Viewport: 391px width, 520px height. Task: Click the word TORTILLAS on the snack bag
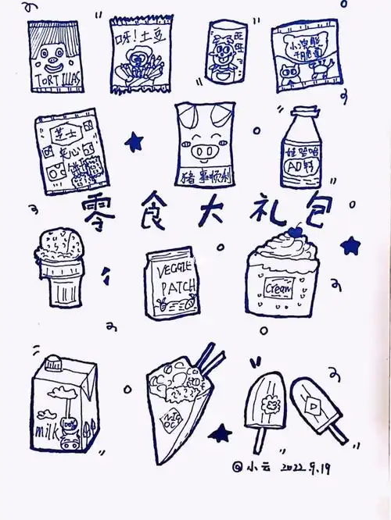click(x=54, y=82)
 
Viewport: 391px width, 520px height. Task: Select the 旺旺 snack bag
click(x=226, y=52)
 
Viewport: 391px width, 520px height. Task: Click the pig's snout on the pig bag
click(x=205, y=149)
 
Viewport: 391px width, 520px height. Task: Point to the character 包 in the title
click(x=310, y=206)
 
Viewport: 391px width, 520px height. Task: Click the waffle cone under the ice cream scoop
click(x=57, y=280)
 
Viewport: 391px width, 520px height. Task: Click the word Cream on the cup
click(x=281, y=289)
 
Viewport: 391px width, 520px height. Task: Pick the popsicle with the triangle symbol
click(x=313, y=406)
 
